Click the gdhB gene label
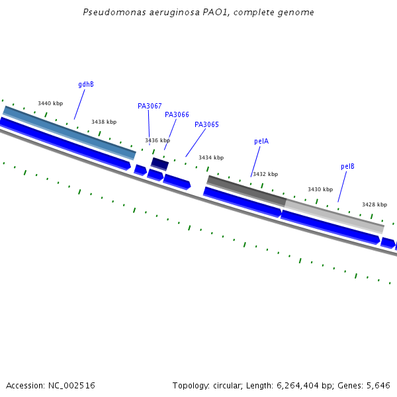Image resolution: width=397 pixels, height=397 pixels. (x=86, y=85)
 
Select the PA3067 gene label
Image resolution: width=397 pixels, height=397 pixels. (x=150, y=106)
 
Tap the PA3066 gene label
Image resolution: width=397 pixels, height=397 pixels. (x=177, y=114)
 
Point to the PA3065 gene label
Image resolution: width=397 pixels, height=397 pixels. (x=206, y=124)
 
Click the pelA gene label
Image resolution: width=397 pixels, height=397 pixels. (x=261, y=141)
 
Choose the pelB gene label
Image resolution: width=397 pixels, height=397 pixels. (x=347, y=166)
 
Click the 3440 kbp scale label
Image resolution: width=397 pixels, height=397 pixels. (x=50, y=103)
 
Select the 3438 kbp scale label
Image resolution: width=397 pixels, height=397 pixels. (x=104, y=122)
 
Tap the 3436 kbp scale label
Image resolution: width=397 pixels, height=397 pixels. (x=157, y=140)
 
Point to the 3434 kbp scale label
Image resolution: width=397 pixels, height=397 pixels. (x=211, y=157)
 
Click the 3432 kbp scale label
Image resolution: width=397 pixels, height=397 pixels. (x=265, y=174)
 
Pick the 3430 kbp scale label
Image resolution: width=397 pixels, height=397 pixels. (x=320, y=189)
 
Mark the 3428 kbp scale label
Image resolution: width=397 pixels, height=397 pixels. (x=375, y=204)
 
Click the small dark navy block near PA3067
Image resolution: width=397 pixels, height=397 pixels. (x=159, y=163)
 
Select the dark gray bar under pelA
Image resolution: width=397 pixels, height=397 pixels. (x=246, y=190)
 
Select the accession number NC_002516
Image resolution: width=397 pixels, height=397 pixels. (x=71, y=385)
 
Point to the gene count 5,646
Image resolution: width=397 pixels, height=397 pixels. (x=378, y=385)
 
